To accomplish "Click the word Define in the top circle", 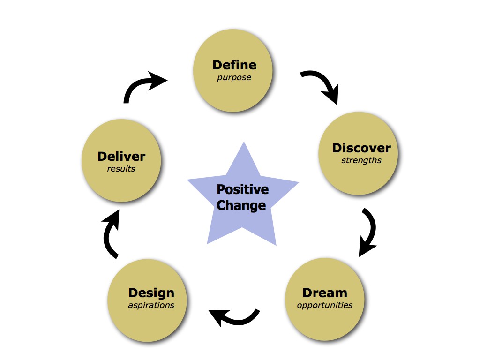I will [x=234, y=65].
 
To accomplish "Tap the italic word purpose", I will [x=234, y=78].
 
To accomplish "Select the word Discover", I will [x=361, y=148].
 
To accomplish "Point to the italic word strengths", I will [x=361, y=161].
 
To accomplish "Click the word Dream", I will [x=325, y=293].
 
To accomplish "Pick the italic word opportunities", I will [x=325, y=306].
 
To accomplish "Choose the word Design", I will [x=151, y=293].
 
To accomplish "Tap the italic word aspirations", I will [x=151, y=306].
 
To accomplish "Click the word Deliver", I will [x=121, y=157].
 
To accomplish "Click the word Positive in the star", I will [x=242, y=190].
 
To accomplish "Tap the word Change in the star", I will [x=241, y=205].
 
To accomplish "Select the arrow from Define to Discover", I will [x=321, y=84].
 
